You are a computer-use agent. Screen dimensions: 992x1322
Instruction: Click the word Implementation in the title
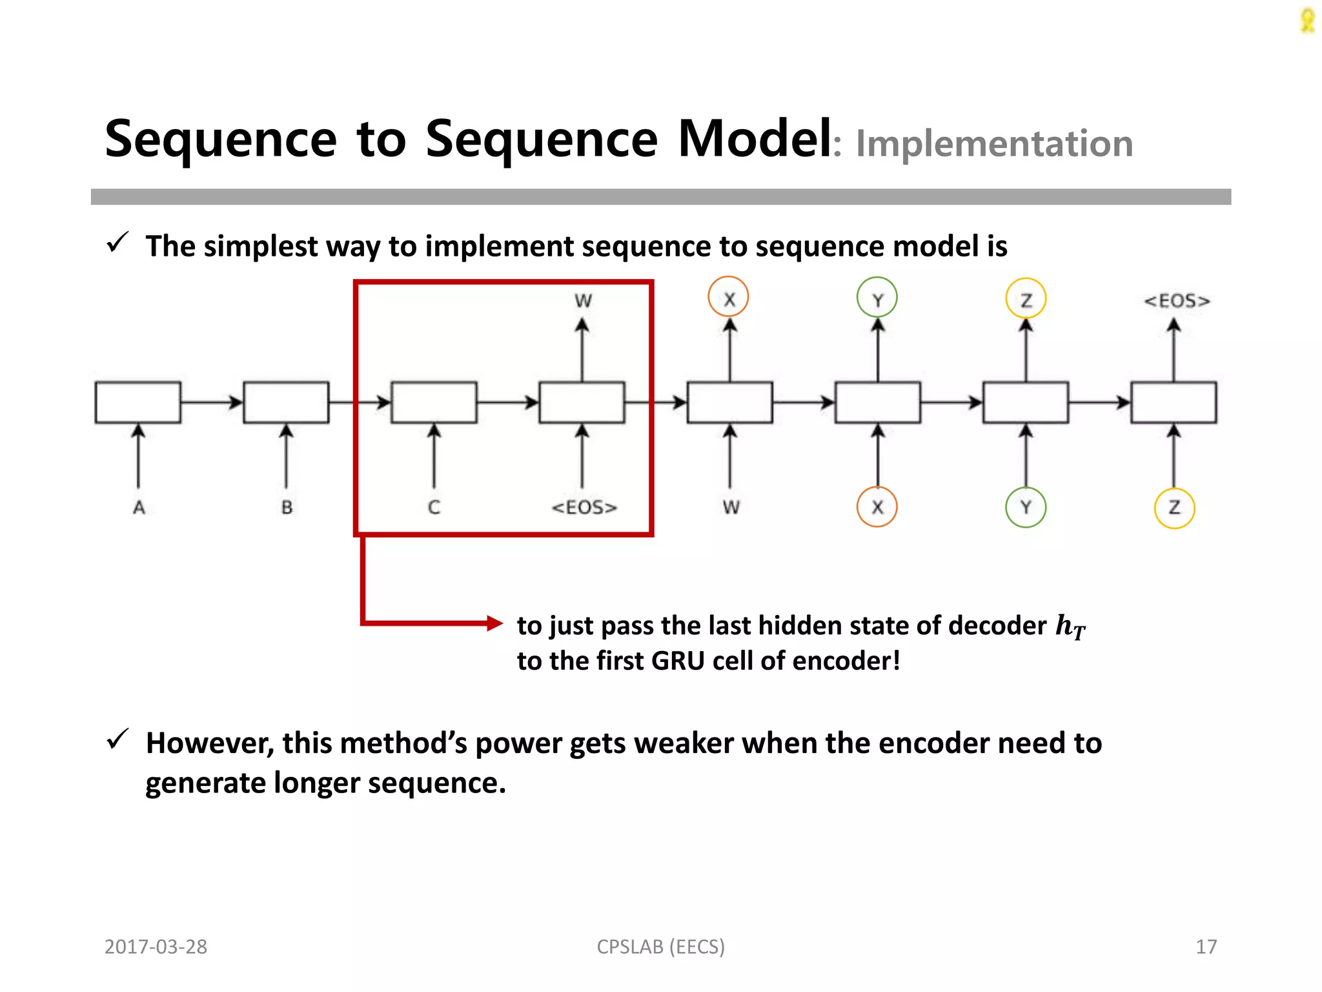[x=993, y=143]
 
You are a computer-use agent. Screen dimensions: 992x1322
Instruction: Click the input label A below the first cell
[x=139, y=508]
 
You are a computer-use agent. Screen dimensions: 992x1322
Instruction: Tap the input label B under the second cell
[x=287, y=508]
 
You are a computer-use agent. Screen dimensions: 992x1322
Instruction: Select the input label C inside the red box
[x=434, y=508]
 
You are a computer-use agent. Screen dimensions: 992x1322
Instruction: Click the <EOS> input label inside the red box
[x=584, y=508]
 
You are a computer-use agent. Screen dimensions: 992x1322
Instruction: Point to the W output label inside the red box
[x=583, y=301]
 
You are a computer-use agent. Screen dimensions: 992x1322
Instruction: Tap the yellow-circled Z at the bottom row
[x=1174, y=508]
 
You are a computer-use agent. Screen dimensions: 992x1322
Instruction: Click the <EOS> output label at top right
[x=1177, y=301]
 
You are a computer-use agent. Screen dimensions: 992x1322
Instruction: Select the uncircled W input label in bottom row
[x=731, y=508]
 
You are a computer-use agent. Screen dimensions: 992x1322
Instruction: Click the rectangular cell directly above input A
[x=138, y=402]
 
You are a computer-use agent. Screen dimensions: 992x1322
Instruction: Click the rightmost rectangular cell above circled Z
[x=1174, y=402]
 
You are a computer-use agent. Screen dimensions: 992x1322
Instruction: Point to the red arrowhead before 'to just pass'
[x=494, y=623]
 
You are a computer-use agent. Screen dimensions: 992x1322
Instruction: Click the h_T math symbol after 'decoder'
[x=1070, y=626]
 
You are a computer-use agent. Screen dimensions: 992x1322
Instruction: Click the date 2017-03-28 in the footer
[x=156, y=947]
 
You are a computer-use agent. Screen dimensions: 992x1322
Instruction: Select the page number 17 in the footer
[x=1206, y=947]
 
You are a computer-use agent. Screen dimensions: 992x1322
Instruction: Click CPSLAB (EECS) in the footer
[x=660, y=947]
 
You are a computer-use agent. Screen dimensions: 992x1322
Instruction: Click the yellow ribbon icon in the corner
[x=1307, y=20]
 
